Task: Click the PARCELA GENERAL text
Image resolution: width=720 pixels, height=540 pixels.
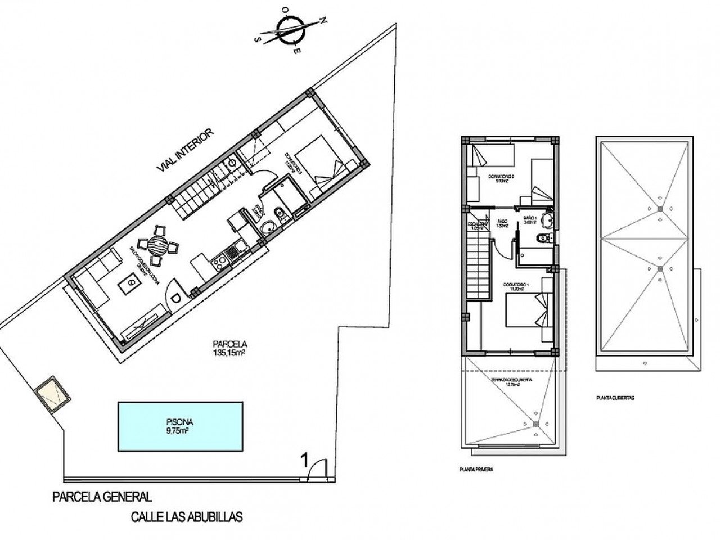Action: tap(101, 497)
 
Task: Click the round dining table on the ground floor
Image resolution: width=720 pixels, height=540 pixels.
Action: tap(158, 245)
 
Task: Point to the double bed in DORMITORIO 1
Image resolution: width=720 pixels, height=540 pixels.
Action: tap(526, 311)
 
